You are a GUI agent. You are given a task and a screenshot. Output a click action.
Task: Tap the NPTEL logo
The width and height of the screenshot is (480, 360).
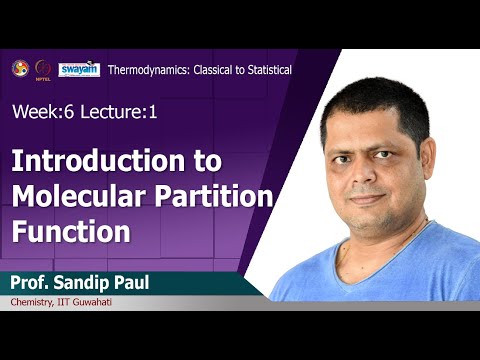[42, 68]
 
